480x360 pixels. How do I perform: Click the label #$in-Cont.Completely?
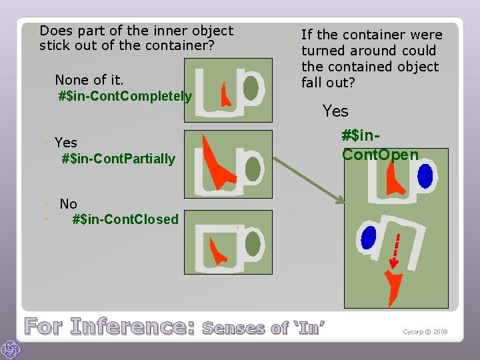pos(125,96)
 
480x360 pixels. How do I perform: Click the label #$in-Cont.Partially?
pos(118,159)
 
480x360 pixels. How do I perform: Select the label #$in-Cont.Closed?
pos(125,219)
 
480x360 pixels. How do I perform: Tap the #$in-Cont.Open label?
pos(380,145)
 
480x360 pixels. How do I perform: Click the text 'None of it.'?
pos(89,80)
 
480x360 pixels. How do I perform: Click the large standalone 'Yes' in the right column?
pos(335,111)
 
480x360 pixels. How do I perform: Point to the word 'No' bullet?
pos(68,204)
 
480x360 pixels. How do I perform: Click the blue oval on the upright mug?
pos(425,175)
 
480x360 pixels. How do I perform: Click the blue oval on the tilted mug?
pos(367,237)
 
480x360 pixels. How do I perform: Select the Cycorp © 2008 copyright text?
pos(425,331)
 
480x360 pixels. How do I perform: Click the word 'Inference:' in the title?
pos(132,327)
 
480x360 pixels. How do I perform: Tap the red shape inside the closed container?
pos(217,252)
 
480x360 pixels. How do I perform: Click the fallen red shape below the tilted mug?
pos(395,287)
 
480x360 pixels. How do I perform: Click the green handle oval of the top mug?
pos(251,87)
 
